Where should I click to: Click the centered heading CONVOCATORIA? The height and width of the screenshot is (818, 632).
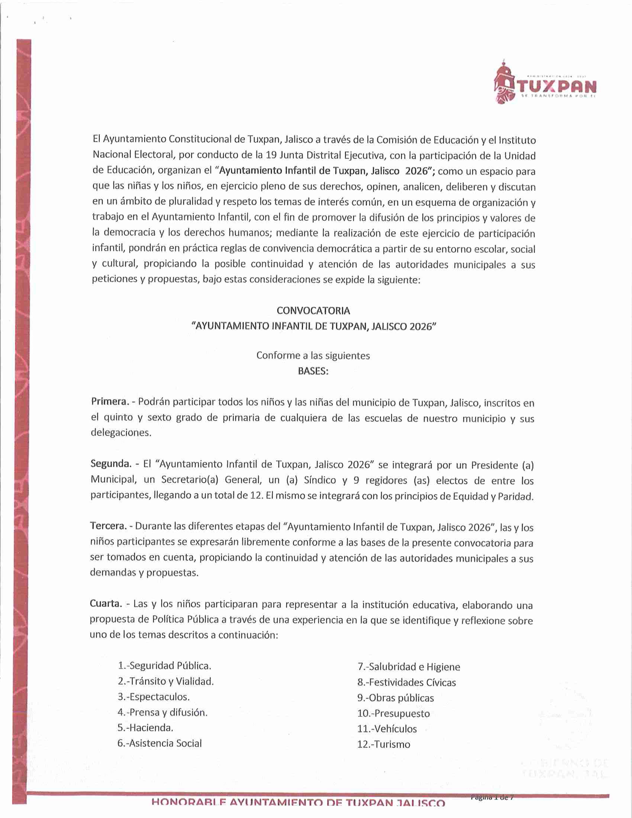click(x=313, y=311)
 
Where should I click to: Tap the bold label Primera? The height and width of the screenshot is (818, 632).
click(x=110, y=402)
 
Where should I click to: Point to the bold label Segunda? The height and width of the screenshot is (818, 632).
click(x=111, y=464)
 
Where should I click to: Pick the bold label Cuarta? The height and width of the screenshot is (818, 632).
click(x=106, y=604)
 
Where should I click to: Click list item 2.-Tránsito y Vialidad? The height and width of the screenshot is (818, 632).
click(x=166, y=681)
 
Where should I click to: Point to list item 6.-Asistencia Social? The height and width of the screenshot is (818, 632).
click(x=160, y=743)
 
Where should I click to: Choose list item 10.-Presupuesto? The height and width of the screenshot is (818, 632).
click(x=394, y=713)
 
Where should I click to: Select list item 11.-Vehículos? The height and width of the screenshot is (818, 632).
click(x=387, y=729)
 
